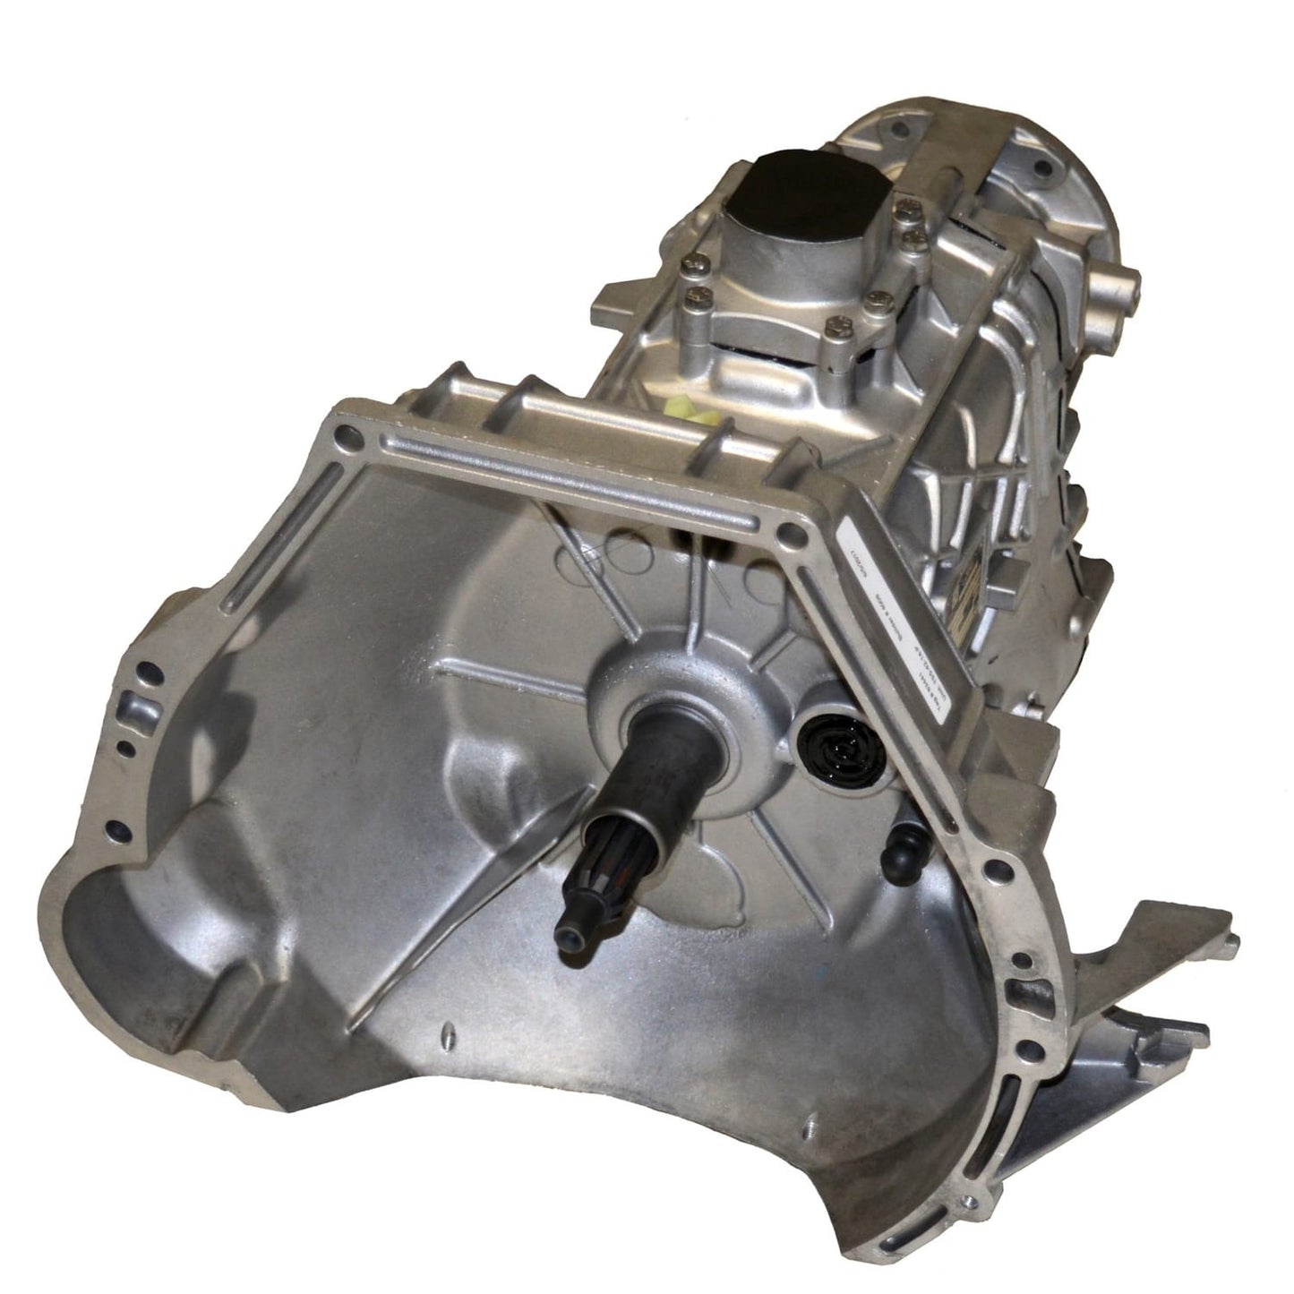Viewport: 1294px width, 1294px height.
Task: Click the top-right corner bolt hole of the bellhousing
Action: [x=788, y=537]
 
